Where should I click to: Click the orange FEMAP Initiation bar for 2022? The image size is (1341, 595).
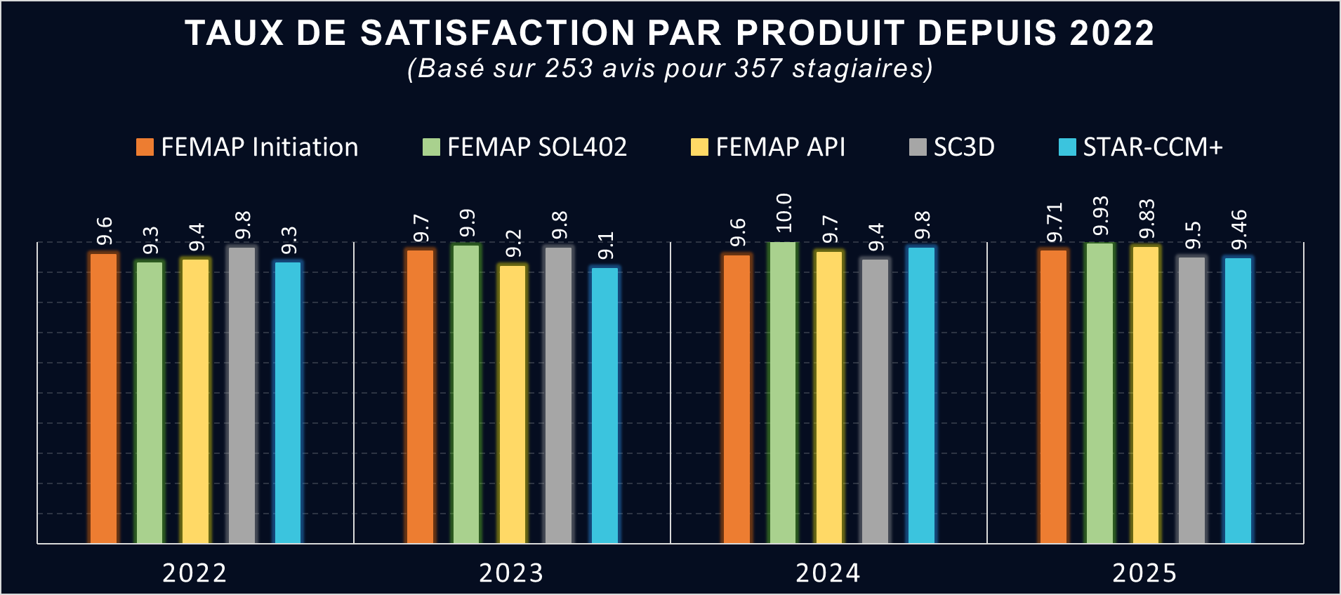[x=104, y=398]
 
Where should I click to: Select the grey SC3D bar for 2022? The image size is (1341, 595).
[x=242, y=394]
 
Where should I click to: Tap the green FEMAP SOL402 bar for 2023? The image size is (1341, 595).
[x=466, y=394]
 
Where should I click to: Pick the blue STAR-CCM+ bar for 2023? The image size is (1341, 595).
[x=605, y=405]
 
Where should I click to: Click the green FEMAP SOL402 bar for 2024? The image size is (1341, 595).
[x=783, y=392]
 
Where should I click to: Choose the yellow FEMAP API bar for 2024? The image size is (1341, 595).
[x=829, y=396]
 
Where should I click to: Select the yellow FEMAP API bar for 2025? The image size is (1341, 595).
[x=1146, y=394]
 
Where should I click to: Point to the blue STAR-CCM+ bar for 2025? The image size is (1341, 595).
[x=1238, y=400]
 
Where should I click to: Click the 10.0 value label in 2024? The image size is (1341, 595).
[x=784, y=213]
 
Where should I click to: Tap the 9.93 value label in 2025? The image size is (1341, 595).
[x=1100, y=216]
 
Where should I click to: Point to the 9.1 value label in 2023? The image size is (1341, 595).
[x=605, y=246]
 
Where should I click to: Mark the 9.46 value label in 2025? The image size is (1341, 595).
[x=1239, y=229]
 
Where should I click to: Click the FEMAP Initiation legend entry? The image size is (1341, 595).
[x=247, y=147]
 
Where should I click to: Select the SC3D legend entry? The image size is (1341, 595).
[x=952, y=147]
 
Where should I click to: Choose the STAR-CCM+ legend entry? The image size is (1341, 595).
[x=1141, y=147]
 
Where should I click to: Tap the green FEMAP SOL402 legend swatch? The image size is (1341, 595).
[x=431, y=147]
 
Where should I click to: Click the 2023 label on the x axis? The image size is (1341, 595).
[x=511, y=573]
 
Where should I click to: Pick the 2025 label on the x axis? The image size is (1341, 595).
[x=1144, y=573]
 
